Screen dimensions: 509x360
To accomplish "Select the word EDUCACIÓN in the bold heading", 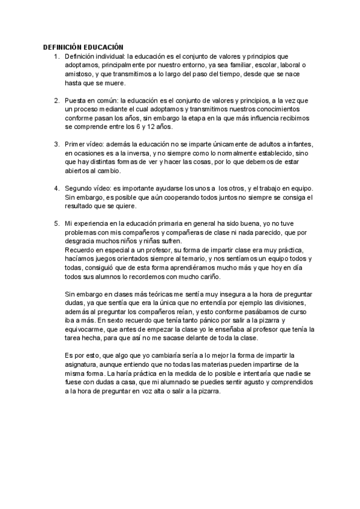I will (x=104, y=47).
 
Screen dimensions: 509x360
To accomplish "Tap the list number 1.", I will (x=56, y=56).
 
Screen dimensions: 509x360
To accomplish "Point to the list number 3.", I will (x=56, y=145).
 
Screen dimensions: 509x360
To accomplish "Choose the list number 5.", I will (x=56, y=223).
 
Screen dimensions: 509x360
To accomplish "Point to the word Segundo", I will (x=80, y=188).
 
